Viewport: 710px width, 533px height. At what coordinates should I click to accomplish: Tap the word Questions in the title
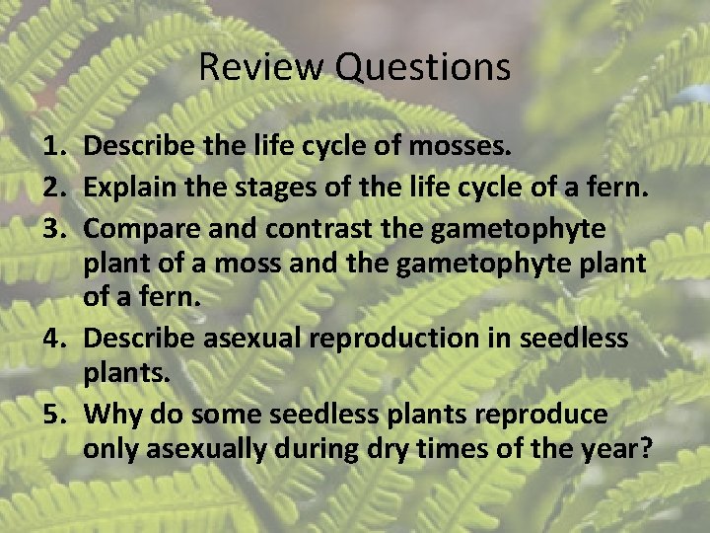[x=422, y=67]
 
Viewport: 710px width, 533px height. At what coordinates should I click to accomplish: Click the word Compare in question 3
[x=135, y=228]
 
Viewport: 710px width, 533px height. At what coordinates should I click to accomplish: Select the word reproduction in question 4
[x=386, y=339]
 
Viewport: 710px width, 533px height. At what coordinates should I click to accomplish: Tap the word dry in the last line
[x=391, y=450]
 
